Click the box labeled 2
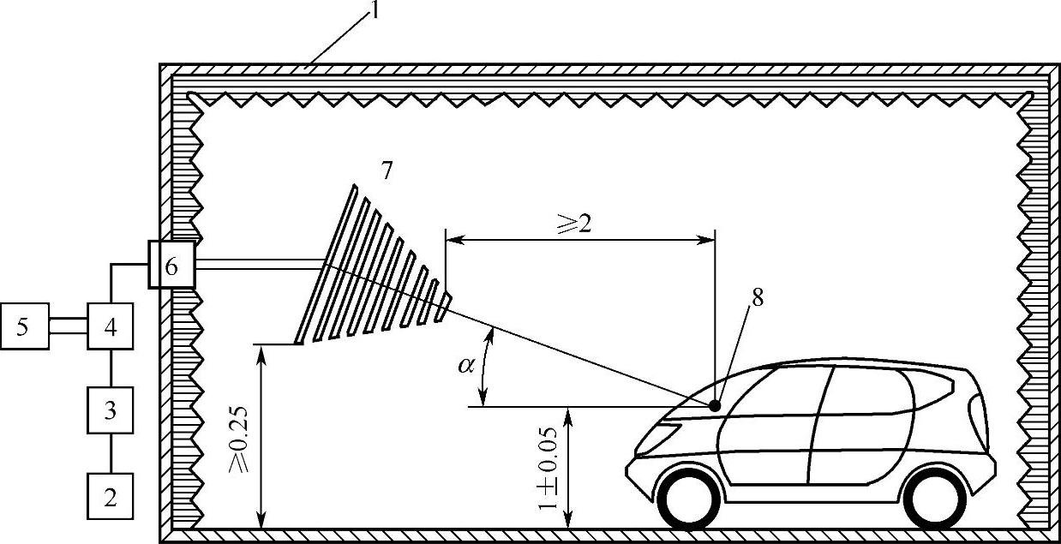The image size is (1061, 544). pyautogui.click(x=111, y=497)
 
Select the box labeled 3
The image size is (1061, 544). pyautogui.click(x=111, y=410)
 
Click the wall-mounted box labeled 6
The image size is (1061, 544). pyautogui.click(x=171, y=266)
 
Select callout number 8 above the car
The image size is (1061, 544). pyautogui.click(x=756, y=297)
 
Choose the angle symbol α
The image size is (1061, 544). pyautogui.click(x=465, y=367)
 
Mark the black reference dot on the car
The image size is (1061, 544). pyautogui.click(x=714, y=404)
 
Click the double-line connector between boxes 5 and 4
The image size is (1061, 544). pyautogui.click(x=69, y=327)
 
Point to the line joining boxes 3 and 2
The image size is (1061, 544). pyautogui.click(x=111, y=454)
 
